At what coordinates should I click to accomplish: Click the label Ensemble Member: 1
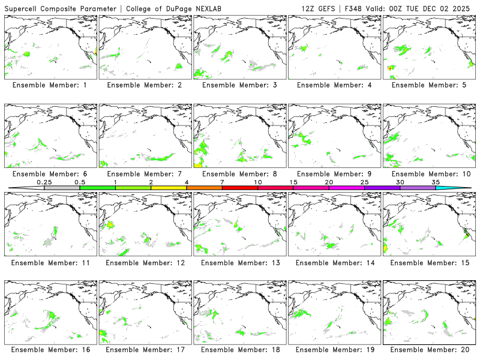pyautogui.click(x=49, y=85)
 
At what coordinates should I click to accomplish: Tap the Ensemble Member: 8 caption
pyautogui.click(x=238, y=174)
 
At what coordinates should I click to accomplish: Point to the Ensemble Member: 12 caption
pyautogui.click(x=143, y=263)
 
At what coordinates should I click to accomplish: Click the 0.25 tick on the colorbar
pyautogui.click(x=44, y=182)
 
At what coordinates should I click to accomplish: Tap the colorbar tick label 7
pyautogui.click(x=222, y=182)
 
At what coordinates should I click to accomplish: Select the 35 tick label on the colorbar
pyautogui.click(x=436, y=182)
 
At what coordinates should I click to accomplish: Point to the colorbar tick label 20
pyautogui.click(x=329, y=182)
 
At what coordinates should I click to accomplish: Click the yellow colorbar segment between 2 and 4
pyautogui.click(x=169, y=188)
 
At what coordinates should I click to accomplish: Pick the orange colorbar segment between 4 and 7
pyautogui.click(x=204, y=188)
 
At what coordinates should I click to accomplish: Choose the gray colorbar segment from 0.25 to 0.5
pyautogui.click(x=62, y=188)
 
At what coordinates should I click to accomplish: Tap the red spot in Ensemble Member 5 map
pyautogui.click(x=391, y=68)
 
